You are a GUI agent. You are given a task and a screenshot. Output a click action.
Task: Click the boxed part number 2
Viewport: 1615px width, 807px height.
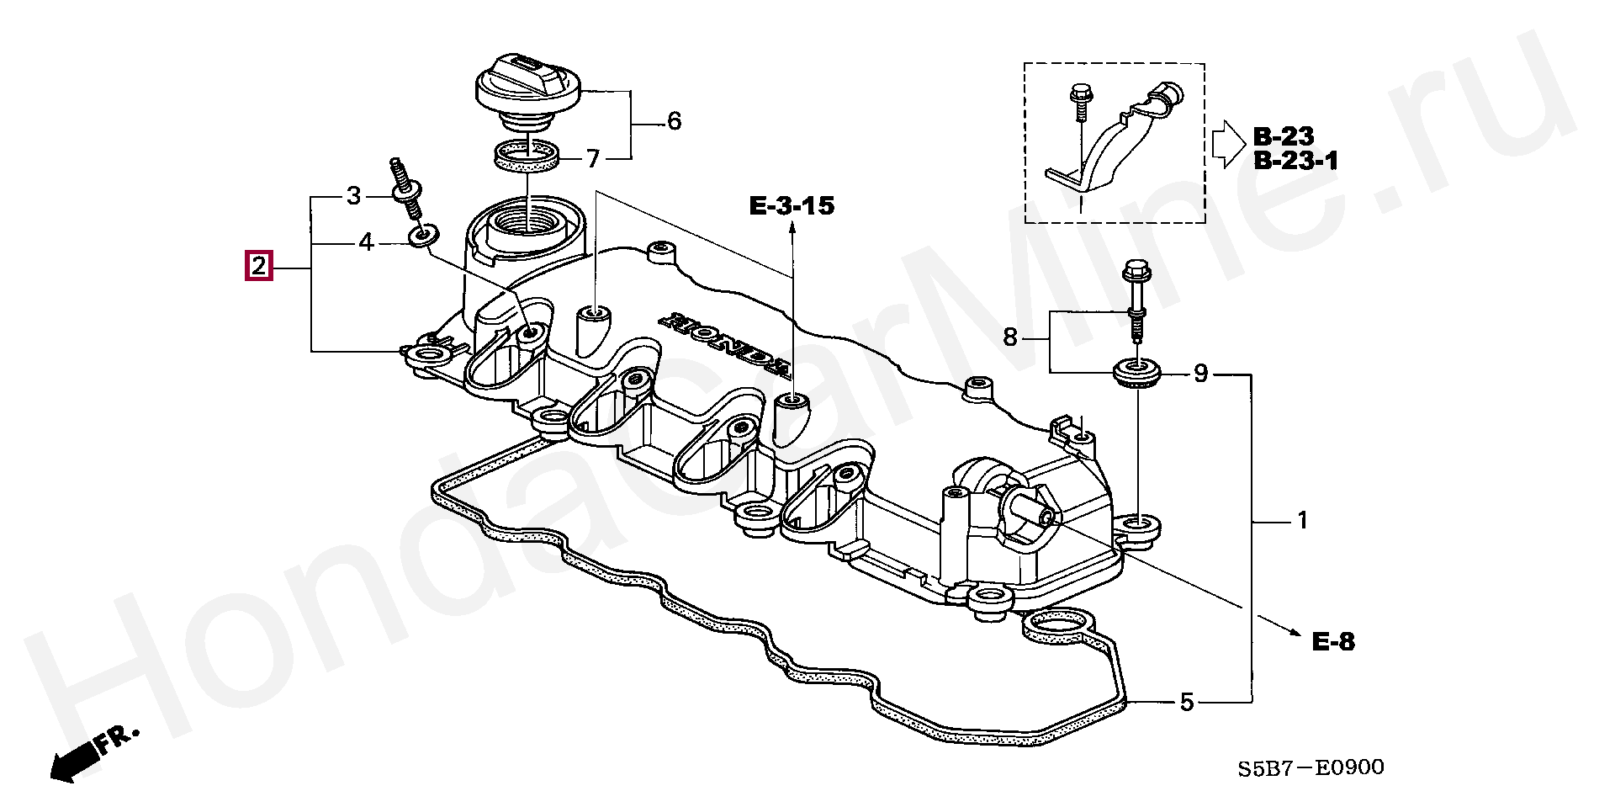pyautogui.click(x=258, y=266)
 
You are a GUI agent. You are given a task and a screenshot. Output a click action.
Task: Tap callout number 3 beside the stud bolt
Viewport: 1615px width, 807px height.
pyautogui.click(x=353, y=196)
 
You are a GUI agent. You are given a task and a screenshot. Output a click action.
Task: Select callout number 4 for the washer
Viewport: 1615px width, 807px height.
pyautogui.click(x=366, y=242)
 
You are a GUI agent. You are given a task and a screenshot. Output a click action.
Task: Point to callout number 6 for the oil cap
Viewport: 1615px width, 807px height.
pyautogui.click(x=674, y=121)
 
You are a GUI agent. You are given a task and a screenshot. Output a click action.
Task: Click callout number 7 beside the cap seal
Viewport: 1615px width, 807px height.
pyautogui.click(x=593, y=158)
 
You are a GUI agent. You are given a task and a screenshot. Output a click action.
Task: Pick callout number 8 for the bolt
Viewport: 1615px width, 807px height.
pyautogui.click(x=1010, y=337)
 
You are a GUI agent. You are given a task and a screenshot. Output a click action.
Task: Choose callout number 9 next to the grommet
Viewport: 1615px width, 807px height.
pyautogui.click(x=1200, y=373)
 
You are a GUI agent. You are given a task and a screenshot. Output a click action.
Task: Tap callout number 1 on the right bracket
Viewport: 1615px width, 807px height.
pyautogui.click(x=1302, y=521)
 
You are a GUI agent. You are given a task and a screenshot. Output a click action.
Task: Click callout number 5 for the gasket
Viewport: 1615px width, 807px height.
pyautogui.click(x=1186, y=702)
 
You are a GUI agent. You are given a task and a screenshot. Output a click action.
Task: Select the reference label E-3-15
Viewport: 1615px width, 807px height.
pyautogui.click(x=792, y=205)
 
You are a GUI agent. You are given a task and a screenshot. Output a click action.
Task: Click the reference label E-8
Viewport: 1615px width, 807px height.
pyautogui.click(x=1333, y=643)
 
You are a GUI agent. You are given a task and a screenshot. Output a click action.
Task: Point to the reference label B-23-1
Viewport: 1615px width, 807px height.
pyautogui.click(x=1295, y=161)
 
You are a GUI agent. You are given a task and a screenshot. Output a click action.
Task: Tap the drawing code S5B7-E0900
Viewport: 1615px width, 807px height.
pyautogui.click(x=1311, y=767)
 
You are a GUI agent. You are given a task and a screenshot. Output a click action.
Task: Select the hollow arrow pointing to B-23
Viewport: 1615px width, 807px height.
pyautogui.click(x=1228, y=143)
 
